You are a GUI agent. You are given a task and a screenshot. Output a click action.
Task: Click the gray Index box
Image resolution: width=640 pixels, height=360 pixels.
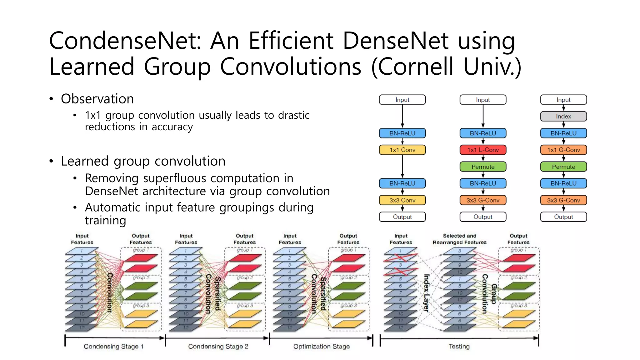pyautogui.click(x=563, y=116)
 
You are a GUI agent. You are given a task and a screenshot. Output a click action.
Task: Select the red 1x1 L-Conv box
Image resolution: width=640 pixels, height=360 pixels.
pyautogui.click(x=482, y=150)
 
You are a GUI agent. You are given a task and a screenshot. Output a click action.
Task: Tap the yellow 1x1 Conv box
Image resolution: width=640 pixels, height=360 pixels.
pyautogui.click(x=402, y=150)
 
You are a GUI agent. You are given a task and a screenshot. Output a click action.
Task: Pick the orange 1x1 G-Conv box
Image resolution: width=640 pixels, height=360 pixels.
pyautogui.click(x=563, y=150)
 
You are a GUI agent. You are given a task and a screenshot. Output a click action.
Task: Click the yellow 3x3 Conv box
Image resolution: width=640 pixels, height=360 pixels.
pyautogui.click(x=402, y=200)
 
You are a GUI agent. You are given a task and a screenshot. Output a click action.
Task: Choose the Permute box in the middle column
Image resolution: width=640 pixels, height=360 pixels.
pyautogui.click(x=482, y=167)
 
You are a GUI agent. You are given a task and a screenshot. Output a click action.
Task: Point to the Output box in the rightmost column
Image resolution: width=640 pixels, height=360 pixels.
pyautogui.click(x=563, y=217)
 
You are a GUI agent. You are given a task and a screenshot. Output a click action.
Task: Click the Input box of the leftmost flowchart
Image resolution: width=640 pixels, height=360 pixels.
pyautogui.click(x=402, y=100)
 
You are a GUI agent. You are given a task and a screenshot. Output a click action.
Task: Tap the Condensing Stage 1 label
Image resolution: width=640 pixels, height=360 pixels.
pyautogui.click(x=113, y=346)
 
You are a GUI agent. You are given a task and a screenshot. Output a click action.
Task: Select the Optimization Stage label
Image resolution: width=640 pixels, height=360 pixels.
pyautogui.click(x=321, y=346)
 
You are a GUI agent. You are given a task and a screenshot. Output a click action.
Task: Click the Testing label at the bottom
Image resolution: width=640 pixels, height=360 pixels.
pyautogui.click(x=459, y=346)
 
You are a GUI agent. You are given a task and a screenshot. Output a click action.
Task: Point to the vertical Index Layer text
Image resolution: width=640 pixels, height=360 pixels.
pyautogui.click(x=426, y=293)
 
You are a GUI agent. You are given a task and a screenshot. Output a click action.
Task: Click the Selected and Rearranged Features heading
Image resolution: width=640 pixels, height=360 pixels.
pyautogui.click(x=459, y=239)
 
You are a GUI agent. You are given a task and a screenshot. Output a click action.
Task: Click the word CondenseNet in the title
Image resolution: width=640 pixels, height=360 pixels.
pyautogui.click(x=125, y=41)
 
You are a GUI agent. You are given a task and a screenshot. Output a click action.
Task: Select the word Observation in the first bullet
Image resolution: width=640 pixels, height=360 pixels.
pyautogui.click(x=97, y=99)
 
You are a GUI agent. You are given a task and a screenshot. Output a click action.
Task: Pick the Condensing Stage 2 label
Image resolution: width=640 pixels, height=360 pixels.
pyautogui.click(x=218, y=346)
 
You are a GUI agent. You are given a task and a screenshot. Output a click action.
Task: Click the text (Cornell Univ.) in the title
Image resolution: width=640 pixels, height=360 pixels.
pyautogui.click(x=446, y=67)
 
